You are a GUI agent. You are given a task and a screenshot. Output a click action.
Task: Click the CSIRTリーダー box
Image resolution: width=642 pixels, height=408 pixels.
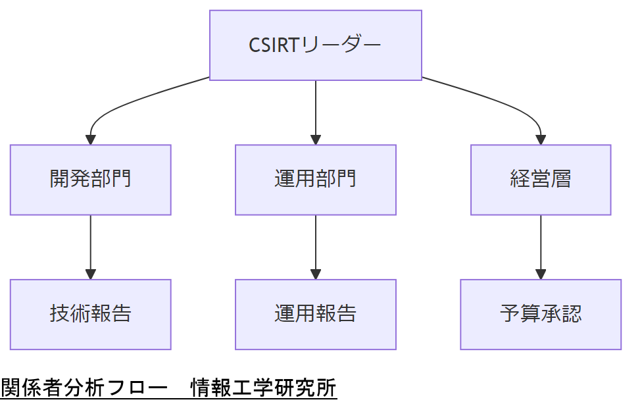[316, 45]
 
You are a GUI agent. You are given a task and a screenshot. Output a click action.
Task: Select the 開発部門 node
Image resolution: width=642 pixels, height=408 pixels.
[91, 180]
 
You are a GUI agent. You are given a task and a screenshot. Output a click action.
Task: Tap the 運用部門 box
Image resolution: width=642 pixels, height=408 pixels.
[316, 180]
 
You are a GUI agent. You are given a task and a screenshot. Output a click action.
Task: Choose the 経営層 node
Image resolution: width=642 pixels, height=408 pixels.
[541, 180]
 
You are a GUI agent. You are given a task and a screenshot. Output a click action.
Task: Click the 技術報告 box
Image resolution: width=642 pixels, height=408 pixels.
[91, 314]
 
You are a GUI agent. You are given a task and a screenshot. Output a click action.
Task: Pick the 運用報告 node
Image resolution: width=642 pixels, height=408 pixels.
[316, 314]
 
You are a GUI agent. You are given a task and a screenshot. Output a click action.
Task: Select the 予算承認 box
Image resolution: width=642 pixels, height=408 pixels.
[541, 314]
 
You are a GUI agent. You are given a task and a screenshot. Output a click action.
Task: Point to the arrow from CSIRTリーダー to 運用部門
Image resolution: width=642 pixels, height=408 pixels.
[316, 109]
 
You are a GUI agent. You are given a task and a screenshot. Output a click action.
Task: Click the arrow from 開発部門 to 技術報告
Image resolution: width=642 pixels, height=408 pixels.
[91, 243]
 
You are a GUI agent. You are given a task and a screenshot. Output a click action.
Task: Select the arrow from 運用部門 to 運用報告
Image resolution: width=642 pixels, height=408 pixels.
[316, 243]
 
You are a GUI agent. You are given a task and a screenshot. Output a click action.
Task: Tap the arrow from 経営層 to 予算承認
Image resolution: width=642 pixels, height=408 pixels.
[541, 243]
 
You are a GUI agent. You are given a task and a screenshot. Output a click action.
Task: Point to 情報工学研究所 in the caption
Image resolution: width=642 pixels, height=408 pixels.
[264, 388]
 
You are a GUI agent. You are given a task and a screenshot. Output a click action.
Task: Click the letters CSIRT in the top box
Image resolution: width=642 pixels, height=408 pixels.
[274, 45]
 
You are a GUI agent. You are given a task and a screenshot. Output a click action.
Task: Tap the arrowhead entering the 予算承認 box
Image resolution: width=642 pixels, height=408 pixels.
[541, 274]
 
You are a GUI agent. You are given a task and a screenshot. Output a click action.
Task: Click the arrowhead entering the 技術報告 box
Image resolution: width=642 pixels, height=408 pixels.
[91, 274]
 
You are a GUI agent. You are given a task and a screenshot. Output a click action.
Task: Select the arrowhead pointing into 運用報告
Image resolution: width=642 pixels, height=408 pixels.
[316, 274]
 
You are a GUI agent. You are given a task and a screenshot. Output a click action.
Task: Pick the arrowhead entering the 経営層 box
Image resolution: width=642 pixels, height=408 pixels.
[541, 140]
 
